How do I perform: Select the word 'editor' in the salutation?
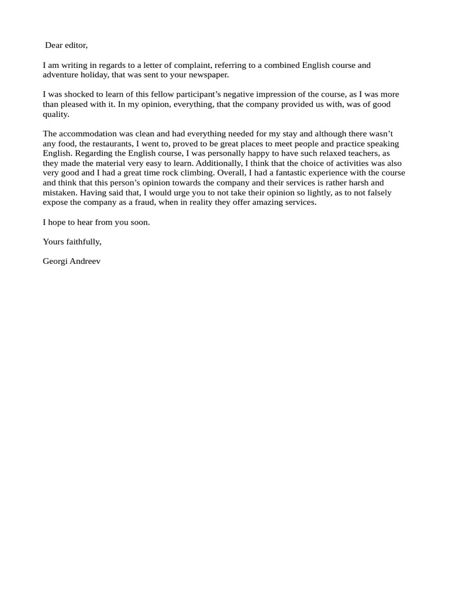(76, 45)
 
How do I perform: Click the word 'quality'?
(56, 114)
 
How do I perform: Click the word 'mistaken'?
(60, 192)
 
